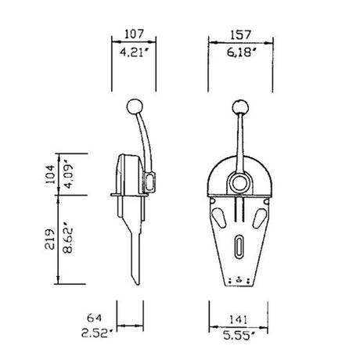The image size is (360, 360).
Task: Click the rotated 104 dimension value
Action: pos(50,172)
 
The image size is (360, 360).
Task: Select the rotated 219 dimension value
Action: pos(50,239)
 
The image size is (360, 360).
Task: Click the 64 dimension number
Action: pos(94,319)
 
